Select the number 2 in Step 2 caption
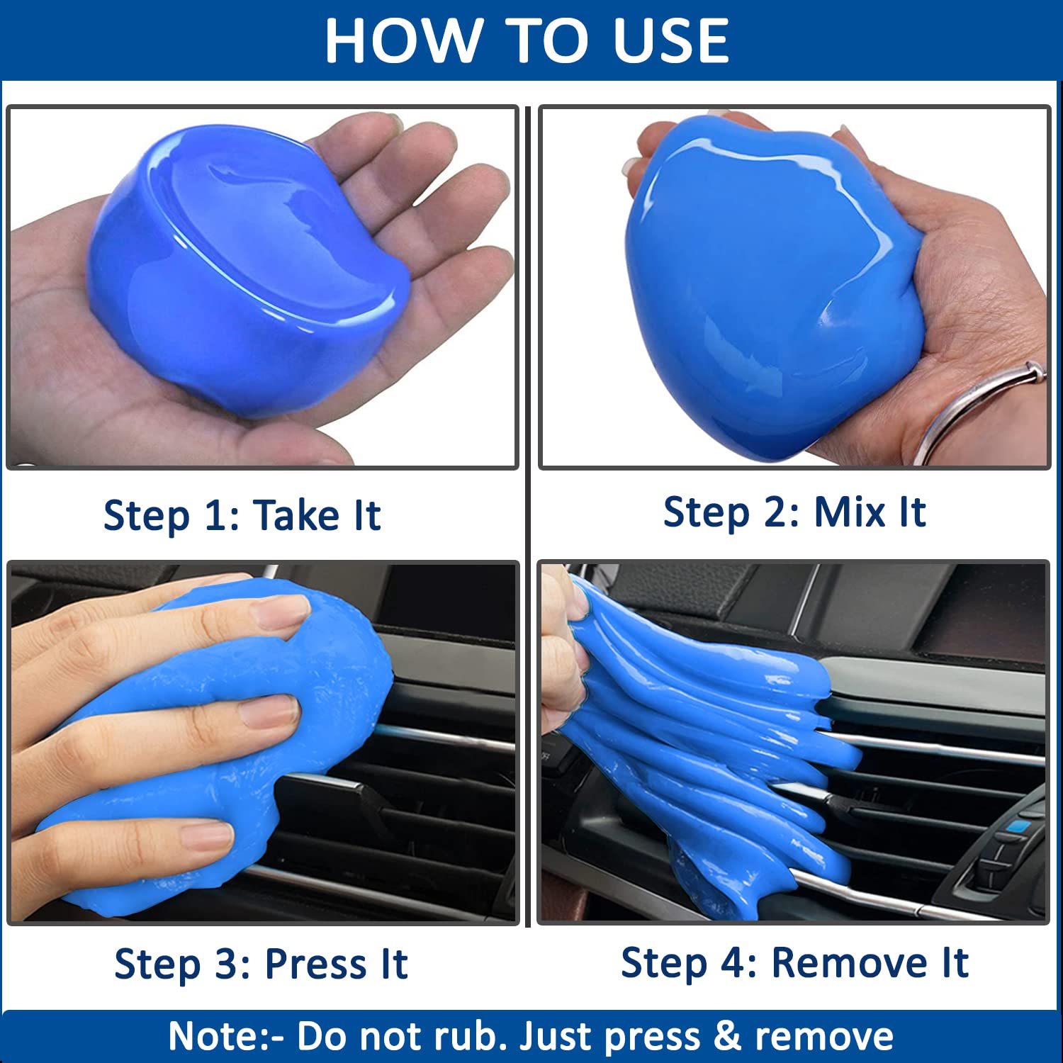click(775, 512)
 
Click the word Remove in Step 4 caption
click(850, 963)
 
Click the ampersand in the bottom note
click(727, 1037)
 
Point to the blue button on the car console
click(1018, 826)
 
